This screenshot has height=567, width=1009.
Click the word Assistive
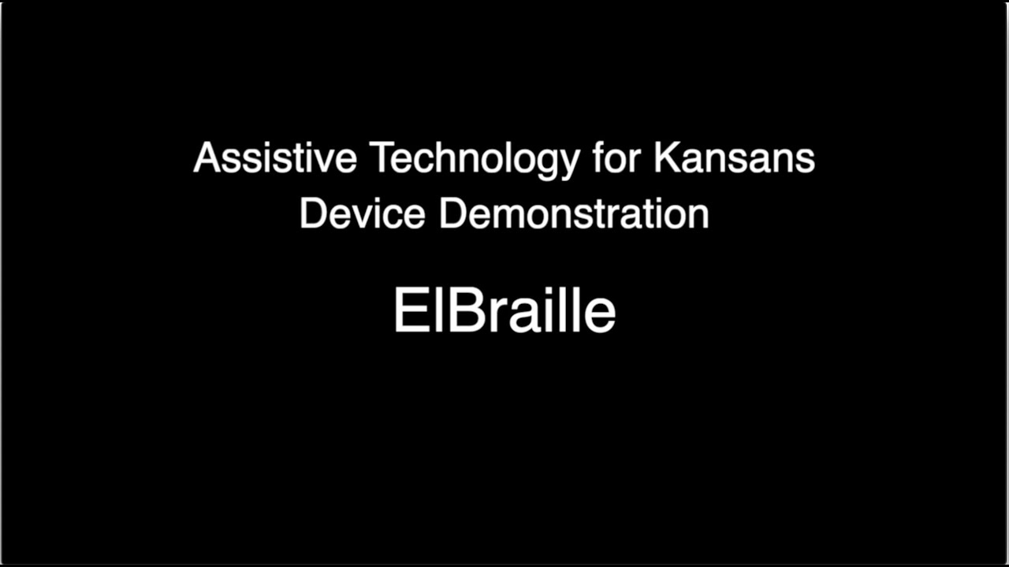click(274, 158)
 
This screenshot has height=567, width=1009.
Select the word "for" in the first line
click(616, 158)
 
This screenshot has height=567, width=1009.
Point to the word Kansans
click(734, 158)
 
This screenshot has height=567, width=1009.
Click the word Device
click(362, 213)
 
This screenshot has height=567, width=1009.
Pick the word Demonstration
click(574, 213)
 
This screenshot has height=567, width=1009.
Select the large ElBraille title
click(504, 311)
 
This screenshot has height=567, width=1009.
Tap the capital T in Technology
click(381, 158)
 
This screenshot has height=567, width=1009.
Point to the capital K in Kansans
click(665, 158)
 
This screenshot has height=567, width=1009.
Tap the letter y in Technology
click(569, 163)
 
